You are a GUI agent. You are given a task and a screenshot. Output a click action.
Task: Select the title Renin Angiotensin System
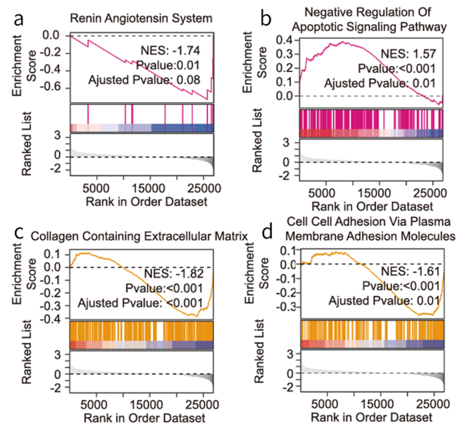[141, 18]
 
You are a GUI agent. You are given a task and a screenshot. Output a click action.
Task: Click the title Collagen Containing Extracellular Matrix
[139, 236]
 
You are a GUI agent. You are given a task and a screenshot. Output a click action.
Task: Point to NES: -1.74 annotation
[170, 50]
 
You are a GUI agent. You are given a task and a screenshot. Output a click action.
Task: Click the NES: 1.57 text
[408, 53]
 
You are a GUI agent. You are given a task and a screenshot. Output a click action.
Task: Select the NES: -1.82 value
[174, 273]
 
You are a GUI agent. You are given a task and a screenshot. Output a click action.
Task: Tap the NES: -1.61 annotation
[410, 271]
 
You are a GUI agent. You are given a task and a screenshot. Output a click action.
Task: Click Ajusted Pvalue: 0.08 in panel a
[144, 80]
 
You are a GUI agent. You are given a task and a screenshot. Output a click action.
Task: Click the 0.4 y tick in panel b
[284, 40]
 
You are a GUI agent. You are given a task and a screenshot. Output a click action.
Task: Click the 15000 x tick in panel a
[149, 189]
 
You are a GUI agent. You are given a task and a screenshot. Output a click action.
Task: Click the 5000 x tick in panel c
[94, 405]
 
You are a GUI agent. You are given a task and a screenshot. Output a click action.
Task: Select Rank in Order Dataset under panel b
[372, 207]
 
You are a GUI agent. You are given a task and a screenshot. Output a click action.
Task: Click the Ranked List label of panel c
[26, 352]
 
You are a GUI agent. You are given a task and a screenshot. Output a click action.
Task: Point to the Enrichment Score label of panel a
[24, 65]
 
